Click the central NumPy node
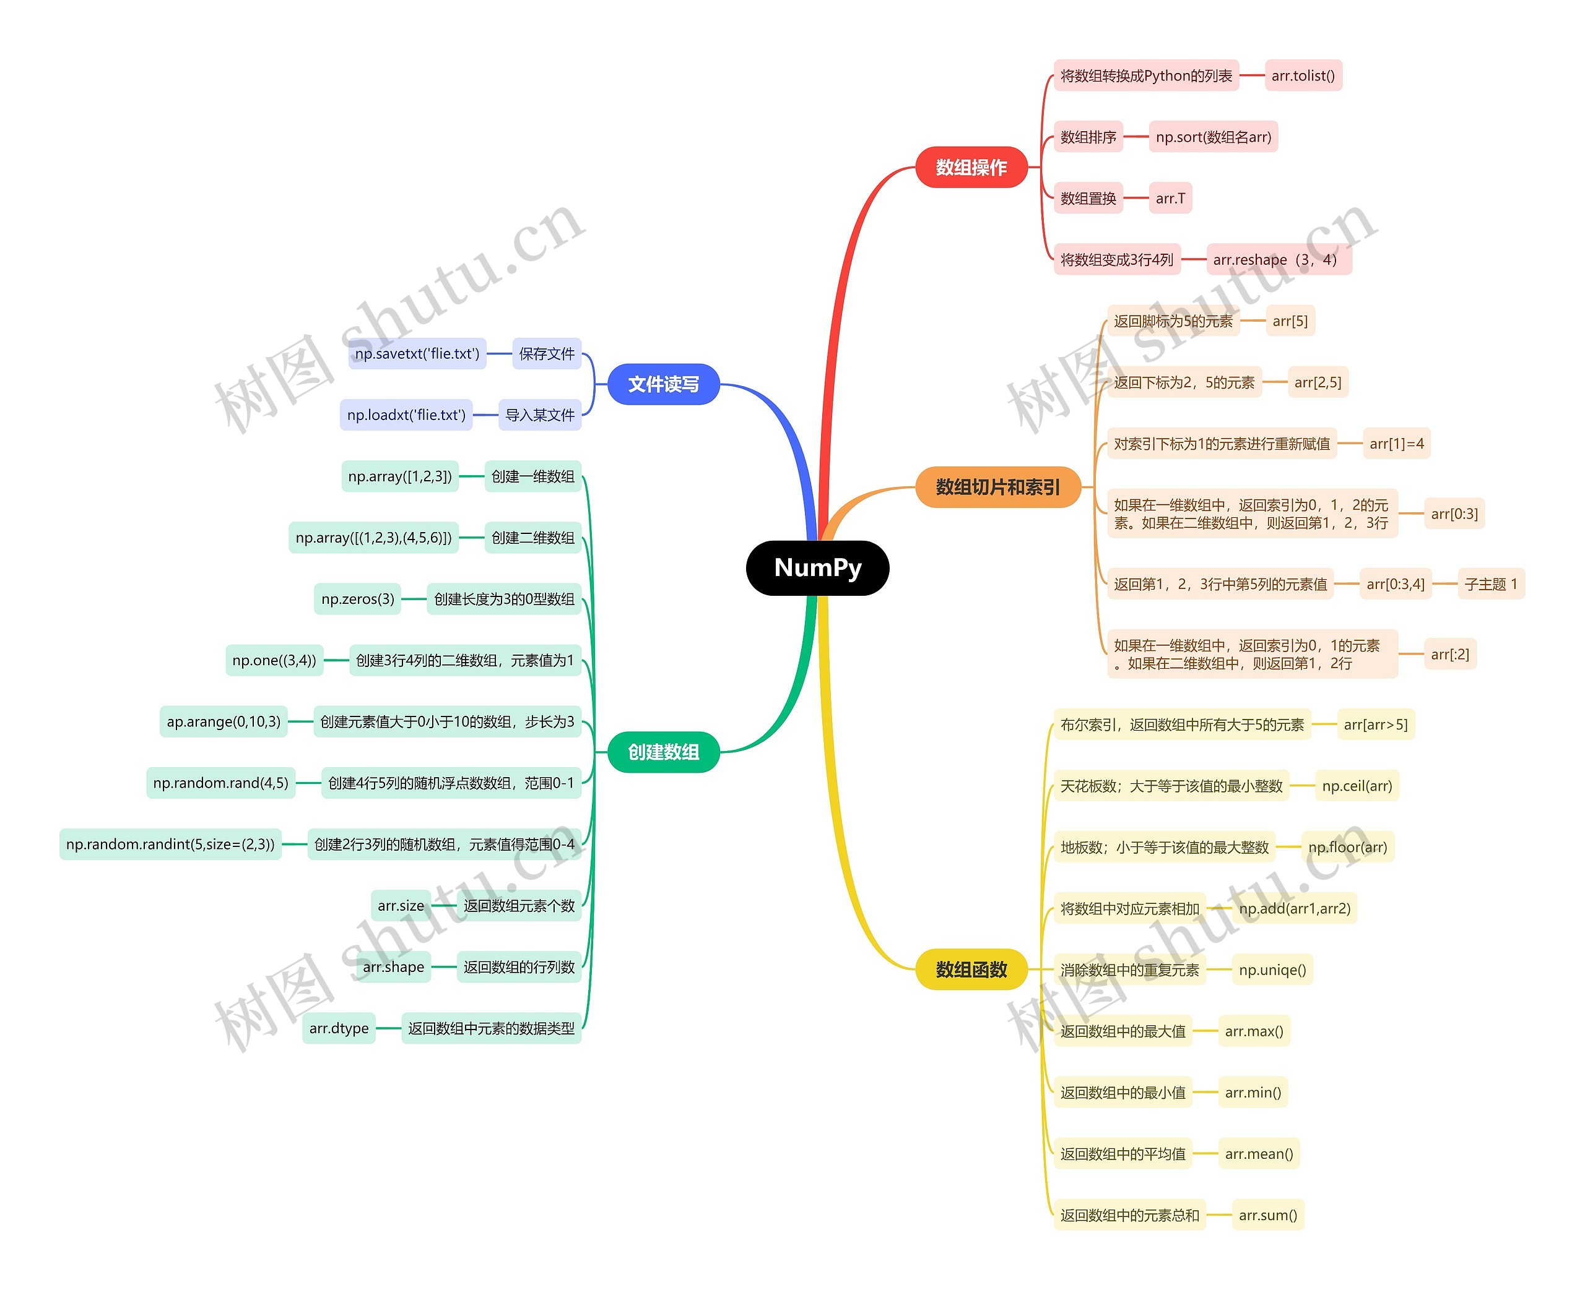pyautogui.click(x=817, y=568)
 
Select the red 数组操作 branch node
pyautogui.click(x=971, y=167)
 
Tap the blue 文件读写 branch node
pyautogui.click(x=663, y=384)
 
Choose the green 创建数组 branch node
pyautogui.click(x=663, y=752)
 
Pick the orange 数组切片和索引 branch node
pyautogui.click(x=997, y=488)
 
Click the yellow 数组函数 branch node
pyautogui.click(x=971, y=970)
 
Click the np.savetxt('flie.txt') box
pyautogui.click(x=417, y=354)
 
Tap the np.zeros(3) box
pyautogui.click(x=358, y=599)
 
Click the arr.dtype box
pyautogui.click(x=339, y=1028)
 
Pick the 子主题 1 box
pyautogui.click(x=1491, y=584)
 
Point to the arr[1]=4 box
pyautogui.click(x=1396, y=444)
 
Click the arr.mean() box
pyautogui.click(x=1259, y=1154)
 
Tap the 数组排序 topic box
pyautogui.click(x=1088, y=137)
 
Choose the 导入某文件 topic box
pyautogui.click(x=540, y=415)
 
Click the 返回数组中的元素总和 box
pyautogui.click(x=1129, y=1216)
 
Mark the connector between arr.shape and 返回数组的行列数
pyautogui.click(x=444, y=967)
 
